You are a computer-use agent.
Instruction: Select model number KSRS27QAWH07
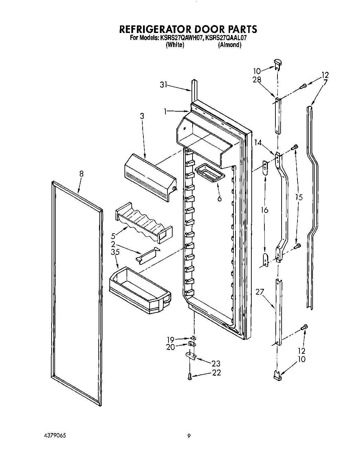point(181,38)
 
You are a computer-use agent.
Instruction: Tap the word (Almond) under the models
point(229,45)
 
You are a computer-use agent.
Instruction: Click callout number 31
point(164,84)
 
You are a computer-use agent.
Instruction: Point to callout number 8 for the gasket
point(81,174)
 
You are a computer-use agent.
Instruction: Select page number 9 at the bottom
point(189,436)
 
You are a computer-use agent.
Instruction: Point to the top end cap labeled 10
point(277,64)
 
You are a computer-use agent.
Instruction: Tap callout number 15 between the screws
point(299,197)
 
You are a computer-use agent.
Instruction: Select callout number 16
point(264,210)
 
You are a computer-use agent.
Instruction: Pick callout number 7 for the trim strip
point(325,82)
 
